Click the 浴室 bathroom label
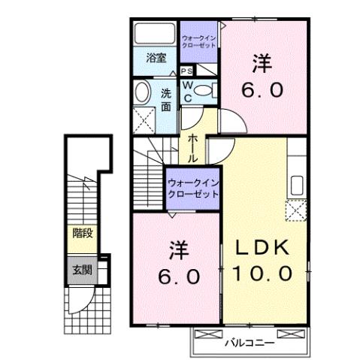click(x=155, y=57)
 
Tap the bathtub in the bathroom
click(x=155, y=35)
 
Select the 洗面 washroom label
click(x=166, y=99)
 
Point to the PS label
click(x=186, y=71)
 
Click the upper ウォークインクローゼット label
click(x=199, y=41)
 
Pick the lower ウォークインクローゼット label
click(x=192, y=187)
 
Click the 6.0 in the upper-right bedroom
click(x=262, y=90)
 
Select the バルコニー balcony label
click(x=249, y=343)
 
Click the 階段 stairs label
click(x=82, y=233)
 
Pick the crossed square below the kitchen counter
click(x=295, y=210)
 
